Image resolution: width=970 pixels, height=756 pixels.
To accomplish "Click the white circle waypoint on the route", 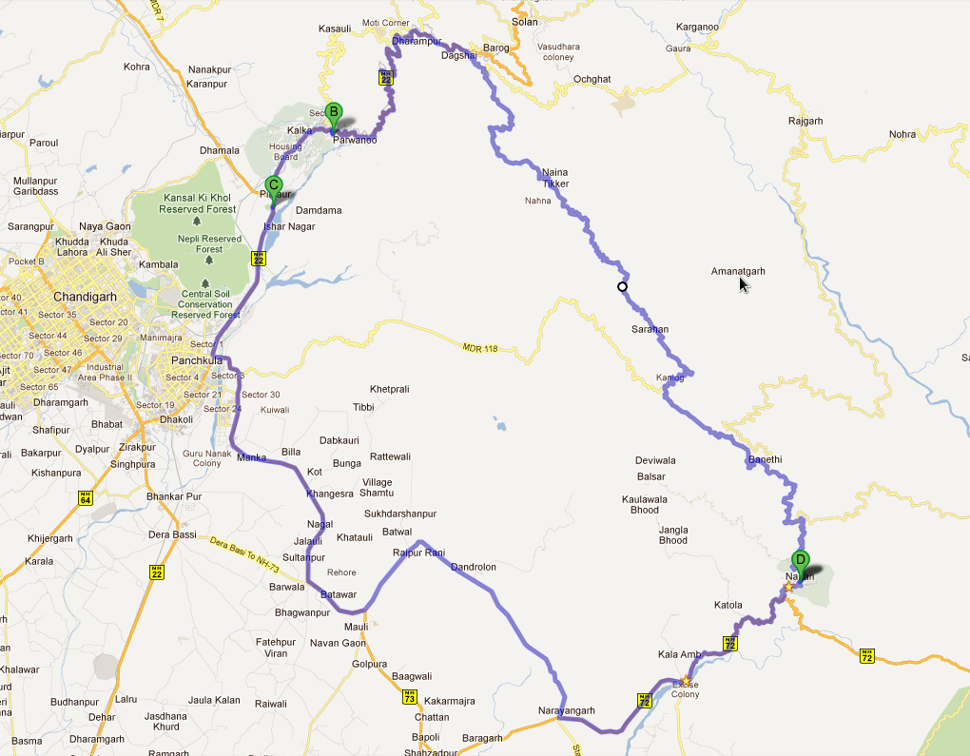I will point(622,286).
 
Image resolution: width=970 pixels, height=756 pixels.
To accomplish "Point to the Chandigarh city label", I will point(85,297).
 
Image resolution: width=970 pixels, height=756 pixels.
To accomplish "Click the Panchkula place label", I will point(197,361).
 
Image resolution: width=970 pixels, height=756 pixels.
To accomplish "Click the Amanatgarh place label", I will point(738,272).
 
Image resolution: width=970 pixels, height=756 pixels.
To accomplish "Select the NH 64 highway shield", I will point(86,497).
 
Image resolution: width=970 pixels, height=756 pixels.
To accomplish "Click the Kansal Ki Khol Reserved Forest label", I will point(198,203).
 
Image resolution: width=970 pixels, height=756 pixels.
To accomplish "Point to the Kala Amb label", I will point(679,655).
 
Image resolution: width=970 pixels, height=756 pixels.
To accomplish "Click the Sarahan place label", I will point(650,330).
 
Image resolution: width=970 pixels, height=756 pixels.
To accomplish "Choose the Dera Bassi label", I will point(172,534).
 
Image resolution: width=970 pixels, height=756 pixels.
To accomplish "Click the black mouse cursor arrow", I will point(744,283).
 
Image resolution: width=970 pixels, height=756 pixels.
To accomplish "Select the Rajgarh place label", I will point(805,121).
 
